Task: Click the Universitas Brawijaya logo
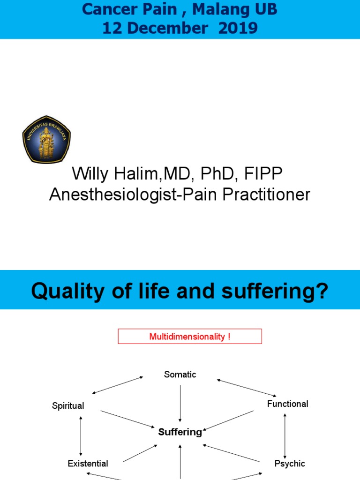(x=46, y=139)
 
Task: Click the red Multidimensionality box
(x=189, y=337)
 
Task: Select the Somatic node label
(x=180, y=374)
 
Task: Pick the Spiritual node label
(x=68, y=406)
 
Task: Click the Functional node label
(x=288, y=404)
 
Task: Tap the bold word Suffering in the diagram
(x=180, y=432)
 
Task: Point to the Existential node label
(x=88, y=464)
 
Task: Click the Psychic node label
(x=290, y=464)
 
